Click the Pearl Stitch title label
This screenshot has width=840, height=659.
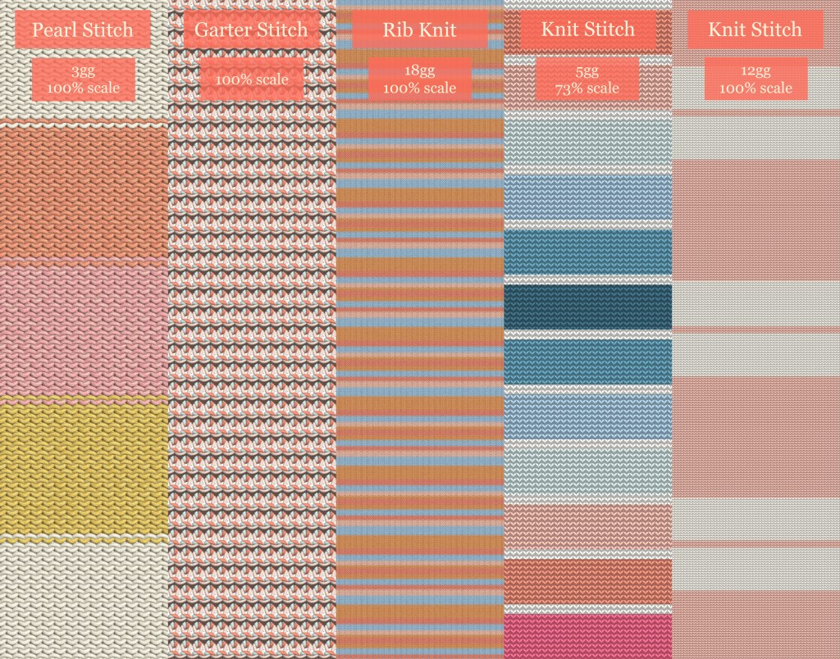click(x=82, y=30)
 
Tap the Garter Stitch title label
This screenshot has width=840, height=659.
click(x=251, y=30)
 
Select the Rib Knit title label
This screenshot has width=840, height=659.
click(x=419, y=30)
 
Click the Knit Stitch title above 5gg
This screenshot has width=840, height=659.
click(x=587, y=30)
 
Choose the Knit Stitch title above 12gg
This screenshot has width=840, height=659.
click(x=755, y=30)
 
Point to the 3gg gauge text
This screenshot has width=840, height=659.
click(x=83, y=72)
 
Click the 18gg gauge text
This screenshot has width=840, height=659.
click(x=419, y=72)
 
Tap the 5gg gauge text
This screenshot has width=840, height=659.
click(x=587, y=72)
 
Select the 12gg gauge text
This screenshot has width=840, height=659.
click(x=755, y=72)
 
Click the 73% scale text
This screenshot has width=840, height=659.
click(x=587, y=88)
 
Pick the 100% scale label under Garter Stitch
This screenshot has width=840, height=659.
click(x=251, y=80)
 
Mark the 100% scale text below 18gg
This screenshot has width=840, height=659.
click(x=419, y=88)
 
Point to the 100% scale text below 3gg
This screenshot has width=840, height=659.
click(x=83, y=88)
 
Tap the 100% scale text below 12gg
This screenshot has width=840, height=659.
click(x=755, y=88)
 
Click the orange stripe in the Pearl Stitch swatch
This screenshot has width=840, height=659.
click(x=83, y=193)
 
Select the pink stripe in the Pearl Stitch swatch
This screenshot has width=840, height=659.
click(x=83, y=328)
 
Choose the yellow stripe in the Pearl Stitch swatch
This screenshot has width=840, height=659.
click(x=83, y=467)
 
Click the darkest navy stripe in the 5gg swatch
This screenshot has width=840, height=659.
click(x=587, y=307)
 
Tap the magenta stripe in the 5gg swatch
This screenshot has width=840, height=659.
click(x=587, y=635)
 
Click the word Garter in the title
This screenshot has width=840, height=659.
click(x=220, y=30)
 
